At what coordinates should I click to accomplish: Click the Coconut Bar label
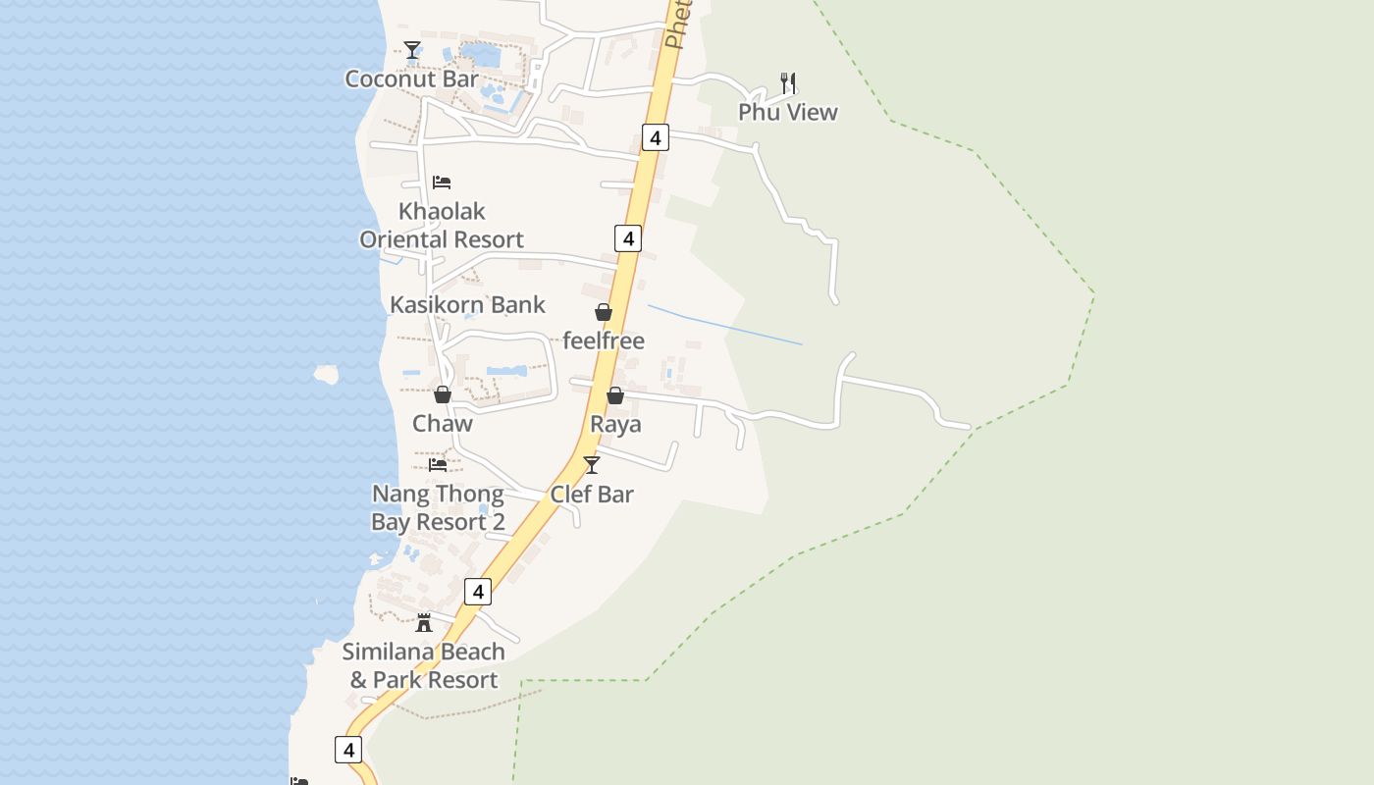click(411, 79)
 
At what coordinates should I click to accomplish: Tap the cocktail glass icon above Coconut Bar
click(412, 50)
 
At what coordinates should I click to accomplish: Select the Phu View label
click(788, 112)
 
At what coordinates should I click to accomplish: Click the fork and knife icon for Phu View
click(788, 82)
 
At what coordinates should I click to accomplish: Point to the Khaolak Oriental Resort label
click(442, 226)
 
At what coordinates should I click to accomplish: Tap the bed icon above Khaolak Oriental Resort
click(442, 183)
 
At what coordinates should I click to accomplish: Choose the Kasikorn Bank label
click(467, 304)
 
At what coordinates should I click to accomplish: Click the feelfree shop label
click(604, 340)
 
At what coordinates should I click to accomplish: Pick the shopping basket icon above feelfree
click(604, 312)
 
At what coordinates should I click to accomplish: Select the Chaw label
click(443, 424)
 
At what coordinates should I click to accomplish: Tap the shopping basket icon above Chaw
click(443, 394)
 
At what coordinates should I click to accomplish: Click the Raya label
click(615, 424)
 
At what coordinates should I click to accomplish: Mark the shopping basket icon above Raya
click(615, 395)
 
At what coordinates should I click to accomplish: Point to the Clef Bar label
click(592, 495)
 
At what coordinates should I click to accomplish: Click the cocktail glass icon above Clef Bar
click(592, 465)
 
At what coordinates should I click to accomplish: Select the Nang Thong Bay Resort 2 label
click(438, 508)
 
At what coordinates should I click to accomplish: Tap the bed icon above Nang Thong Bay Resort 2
click(438, 464)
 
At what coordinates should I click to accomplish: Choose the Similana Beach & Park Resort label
click(424, 665)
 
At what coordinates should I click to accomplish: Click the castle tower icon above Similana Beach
click(424, 622)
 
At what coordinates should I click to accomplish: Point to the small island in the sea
click(326, 374)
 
